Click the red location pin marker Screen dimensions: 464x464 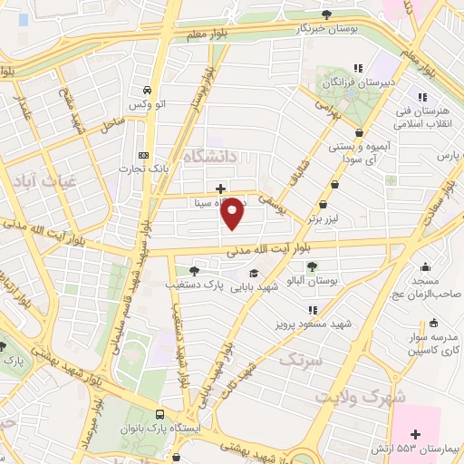tap(233, 213)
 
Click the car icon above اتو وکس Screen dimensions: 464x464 tap(146, 91)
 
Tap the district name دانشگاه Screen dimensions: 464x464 tap(209, 157)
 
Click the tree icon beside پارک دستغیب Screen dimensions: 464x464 tap(194, 270)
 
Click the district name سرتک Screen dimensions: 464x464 tap(301, 360)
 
